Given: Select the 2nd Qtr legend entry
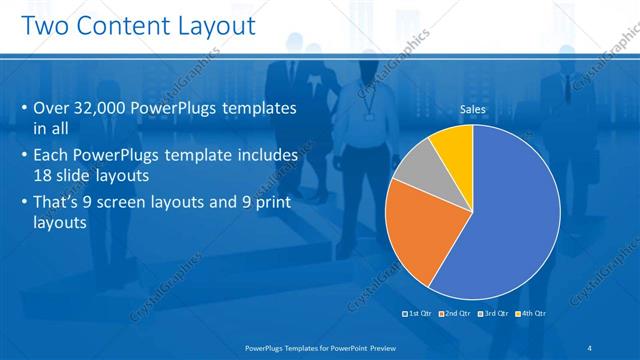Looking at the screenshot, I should coord(456,314).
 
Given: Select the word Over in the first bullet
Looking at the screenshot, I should coord(51,109).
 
